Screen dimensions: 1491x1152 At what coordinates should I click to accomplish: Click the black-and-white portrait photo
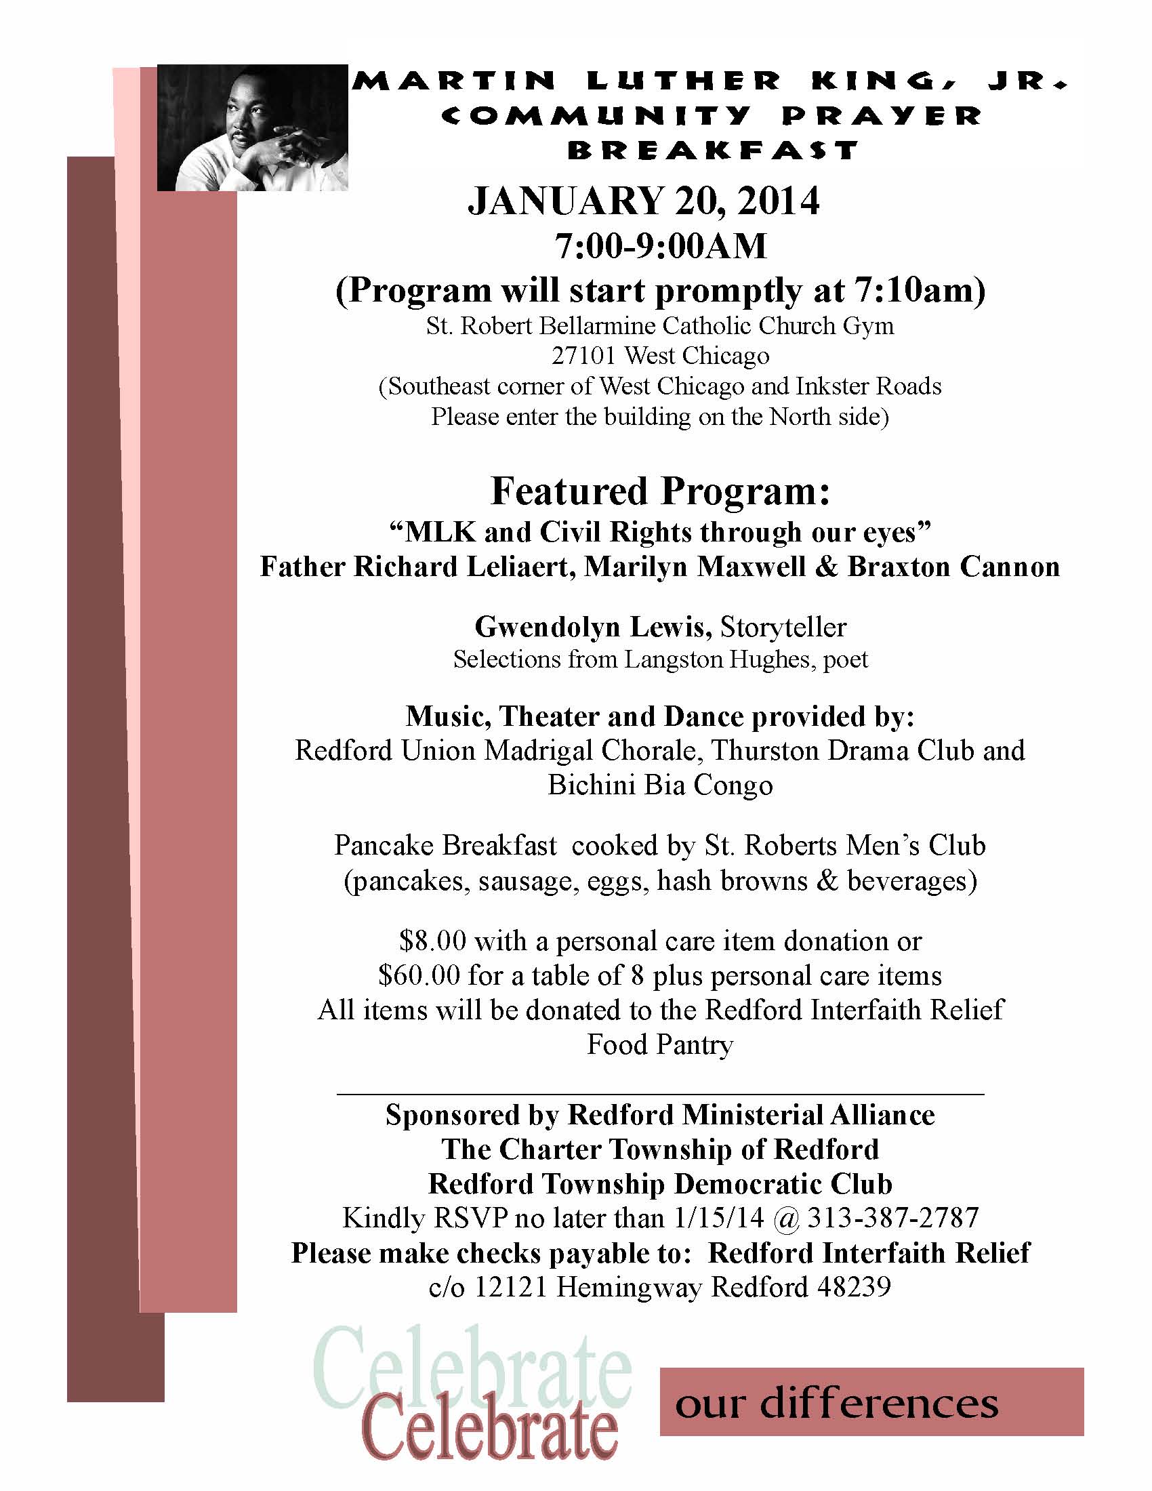point(253,127)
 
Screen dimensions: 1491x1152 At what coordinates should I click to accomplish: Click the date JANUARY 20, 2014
point(644,201)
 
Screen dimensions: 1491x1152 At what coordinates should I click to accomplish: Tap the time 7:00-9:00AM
point(660,247)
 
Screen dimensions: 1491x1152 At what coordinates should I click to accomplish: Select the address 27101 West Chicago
point(660,356)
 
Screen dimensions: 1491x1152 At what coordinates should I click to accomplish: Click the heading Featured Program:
point(660,491)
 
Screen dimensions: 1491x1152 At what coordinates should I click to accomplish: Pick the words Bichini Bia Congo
point(660,785)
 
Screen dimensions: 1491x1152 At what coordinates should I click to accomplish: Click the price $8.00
point(433,941)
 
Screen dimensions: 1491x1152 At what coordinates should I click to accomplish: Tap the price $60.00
point(419,975)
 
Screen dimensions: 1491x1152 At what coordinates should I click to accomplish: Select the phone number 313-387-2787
point(892,1218)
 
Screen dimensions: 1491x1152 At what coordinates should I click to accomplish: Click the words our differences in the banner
point(837,1404)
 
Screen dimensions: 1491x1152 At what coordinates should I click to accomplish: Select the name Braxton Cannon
point(953,567)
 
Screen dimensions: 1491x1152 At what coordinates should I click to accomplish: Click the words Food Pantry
point(660,1044)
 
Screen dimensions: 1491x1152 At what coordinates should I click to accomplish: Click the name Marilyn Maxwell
point(695,567)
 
